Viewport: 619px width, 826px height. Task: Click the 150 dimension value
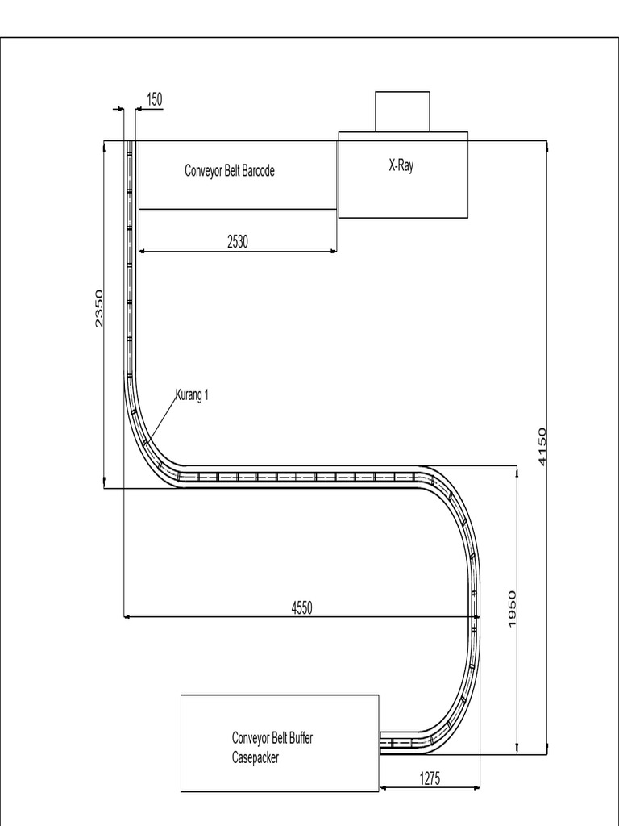[x=154, y=99]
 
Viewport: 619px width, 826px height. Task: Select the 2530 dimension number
[x=237, y=241]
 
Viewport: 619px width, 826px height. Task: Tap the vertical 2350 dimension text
[x=99, y=308]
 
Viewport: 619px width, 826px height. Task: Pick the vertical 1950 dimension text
[x=512, y=609]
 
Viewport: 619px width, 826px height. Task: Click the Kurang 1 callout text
[x=193, y=395]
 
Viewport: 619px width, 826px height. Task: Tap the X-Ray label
[x=401, y=167]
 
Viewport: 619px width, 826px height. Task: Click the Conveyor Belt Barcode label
[x=230, y=171]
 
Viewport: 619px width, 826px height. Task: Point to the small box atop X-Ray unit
[x=402, y=111]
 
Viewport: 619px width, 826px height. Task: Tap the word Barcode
[x=257, y=171]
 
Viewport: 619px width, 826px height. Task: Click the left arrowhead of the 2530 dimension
[x=143, y=252]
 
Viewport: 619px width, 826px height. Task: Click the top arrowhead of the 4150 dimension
[x=547, y=146]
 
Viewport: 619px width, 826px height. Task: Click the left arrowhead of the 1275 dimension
[x=382, y=787]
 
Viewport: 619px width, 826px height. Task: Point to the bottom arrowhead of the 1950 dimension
[x=517, y=750]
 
